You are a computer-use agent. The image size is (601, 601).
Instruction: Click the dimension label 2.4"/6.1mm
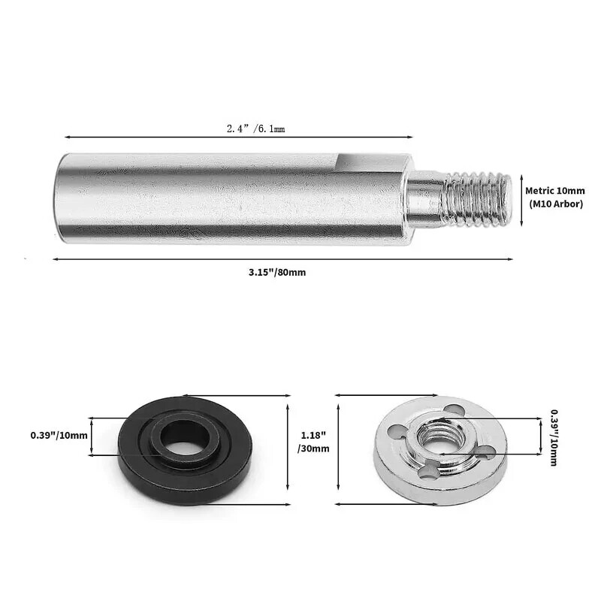click(x=255, y=129)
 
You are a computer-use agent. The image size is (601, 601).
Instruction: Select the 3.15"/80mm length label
click(x=277, y=272)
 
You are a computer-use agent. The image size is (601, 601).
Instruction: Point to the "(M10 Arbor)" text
click(x=555, y=204)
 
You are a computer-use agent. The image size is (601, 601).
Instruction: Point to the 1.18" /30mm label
click(x=314, y=442)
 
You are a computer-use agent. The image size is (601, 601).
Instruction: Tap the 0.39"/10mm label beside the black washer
click(x=59, y=435)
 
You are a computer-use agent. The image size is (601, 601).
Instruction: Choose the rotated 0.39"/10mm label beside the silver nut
click(x=554, y=438)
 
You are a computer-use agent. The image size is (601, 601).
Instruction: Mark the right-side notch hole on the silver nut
click(x=485, y=452)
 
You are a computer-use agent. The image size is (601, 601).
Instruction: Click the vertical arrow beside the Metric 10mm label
click(x=518, y=198)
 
